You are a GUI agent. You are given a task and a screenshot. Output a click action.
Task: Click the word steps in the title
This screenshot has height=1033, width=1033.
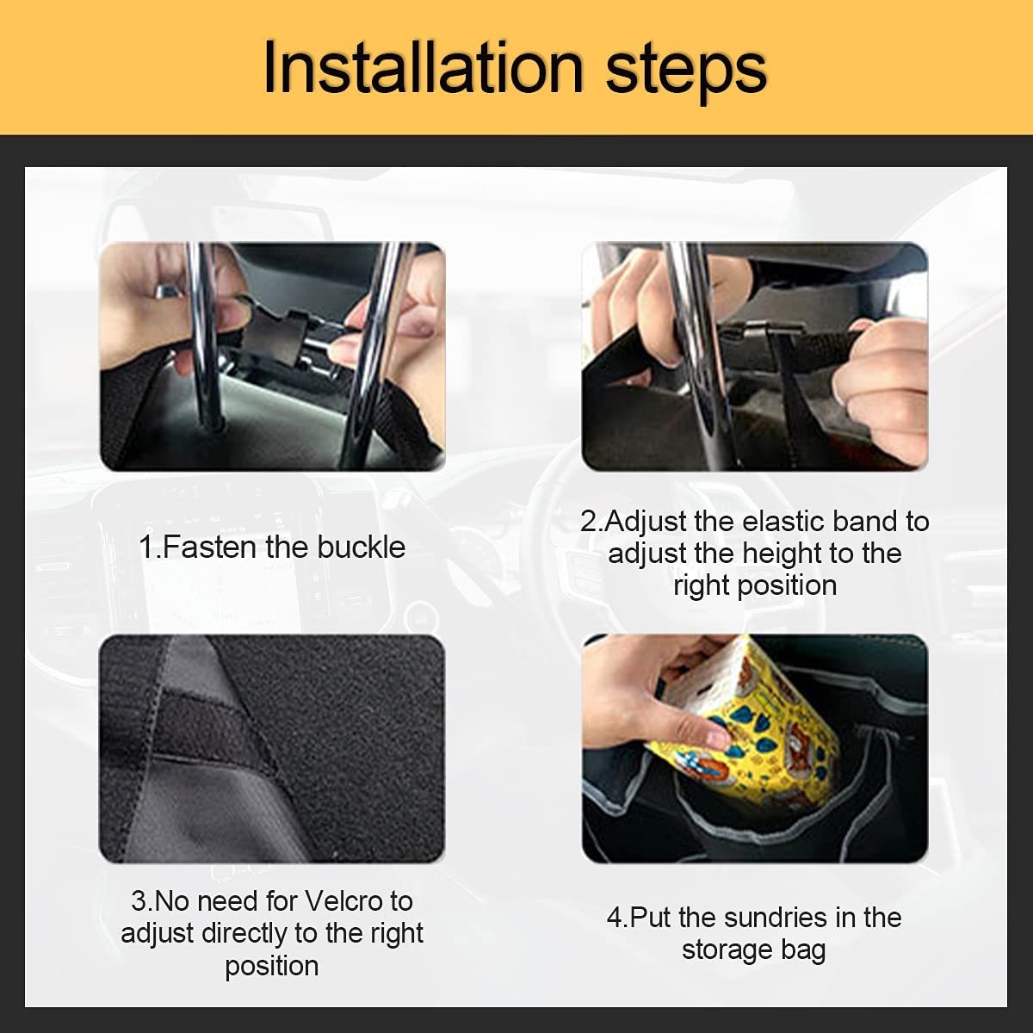coord(686,69)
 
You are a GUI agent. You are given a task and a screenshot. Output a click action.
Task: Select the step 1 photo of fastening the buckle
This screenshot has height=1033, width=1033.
coord(272,356)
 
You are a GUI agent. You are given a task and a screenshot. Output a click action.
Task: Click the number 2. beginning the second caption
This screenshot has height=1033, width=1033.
coord(591,522)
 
